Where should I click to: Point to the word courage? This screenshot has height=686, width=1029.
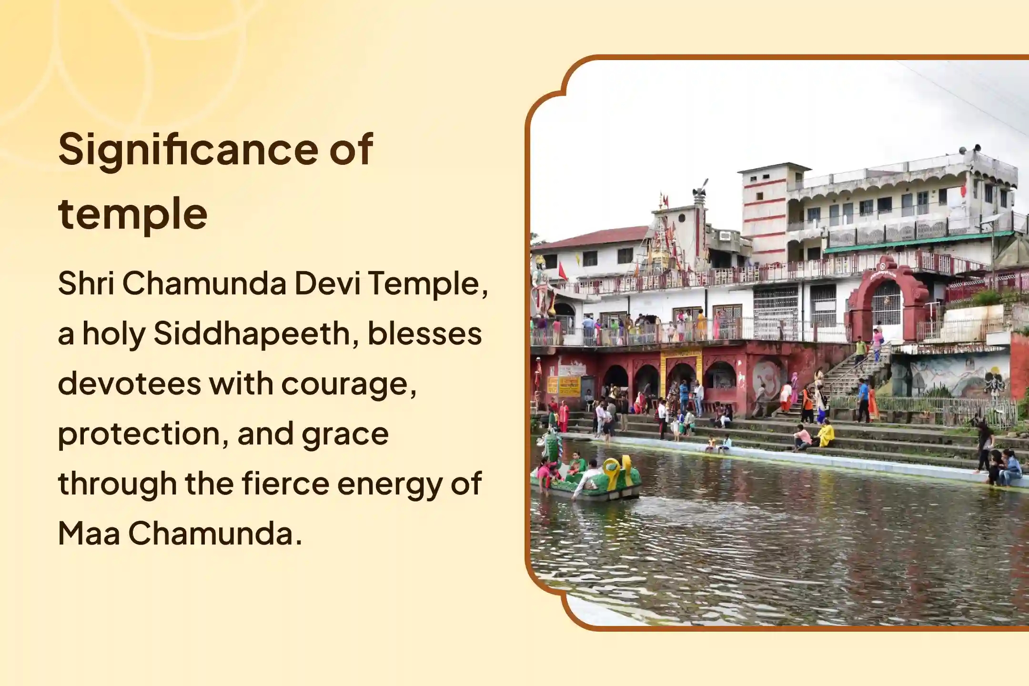pos(349,384)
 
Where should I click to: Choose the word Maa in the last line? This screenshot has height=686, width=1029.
pos(89,534)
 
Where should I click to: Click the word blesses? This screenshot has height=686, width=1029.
pos(424,333)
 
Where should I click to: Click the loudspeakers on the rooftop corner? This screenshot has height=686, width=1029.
pos(969,151)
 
